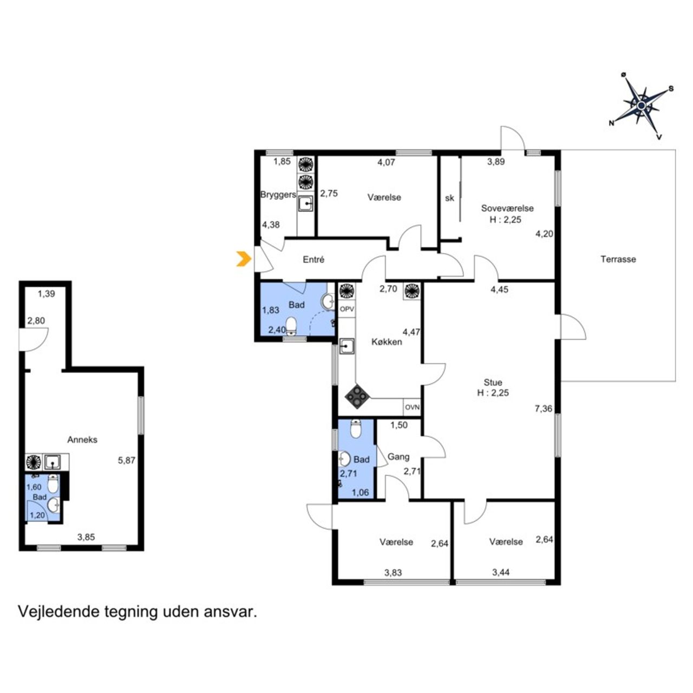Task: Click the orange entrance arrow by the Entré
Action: click(x=244, y=259)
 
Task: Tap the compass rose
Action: click(x=641, y=106)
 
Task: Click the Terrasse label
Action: click(x=618, y=259)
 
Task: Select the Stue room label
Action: click(x=493, y=382)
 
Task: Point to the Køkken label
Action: click(x=387, y=342)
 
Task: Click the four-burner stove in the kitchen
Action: click(x=357, y=396)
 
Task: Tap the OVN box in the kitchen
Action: click(x=412, y=408)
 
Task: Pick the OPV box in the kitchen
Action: click(x=347, y=309)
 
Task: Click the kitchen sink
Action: click(x=346, y=346)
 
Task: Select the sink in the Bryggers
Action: click(x=305, y=204)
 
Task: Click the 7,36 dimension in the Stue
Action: click(x=544, y=409)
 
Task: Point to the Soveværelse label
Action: click(x=507, y=208)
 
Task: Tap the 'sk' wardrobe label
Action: click(x=449, y=198)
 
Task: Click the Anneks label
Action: click(x=82, y=440)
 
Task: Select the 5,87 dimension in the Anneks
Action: click(x=127, y=460)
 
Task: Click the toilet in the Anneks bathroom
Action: click(x=53, y=483)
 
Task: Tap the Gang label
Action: click(x=398, y=457)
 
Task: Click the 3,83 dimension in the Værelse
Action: click(x=393, y=572)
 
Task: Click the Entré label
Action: click(x=313, y=259)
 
